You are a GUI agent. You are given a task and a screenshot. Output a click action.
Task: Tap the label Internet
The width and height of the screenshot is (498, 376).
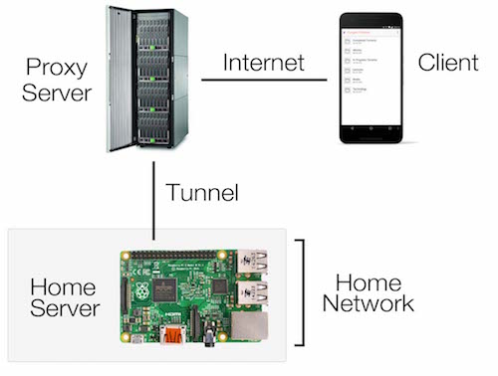[x=264, y=63]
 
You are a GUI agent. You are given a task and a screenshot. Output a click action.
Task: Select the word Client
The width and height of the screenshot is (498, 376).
[x=447, y=64]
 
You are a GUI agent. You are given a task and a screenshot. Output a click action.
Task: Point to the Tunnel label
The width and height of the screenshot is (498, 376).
[x=202, y=192]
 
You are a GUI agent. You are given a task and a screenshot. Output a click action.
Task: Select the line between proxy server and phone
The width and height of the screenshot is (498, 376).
[x=264, y=81]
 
